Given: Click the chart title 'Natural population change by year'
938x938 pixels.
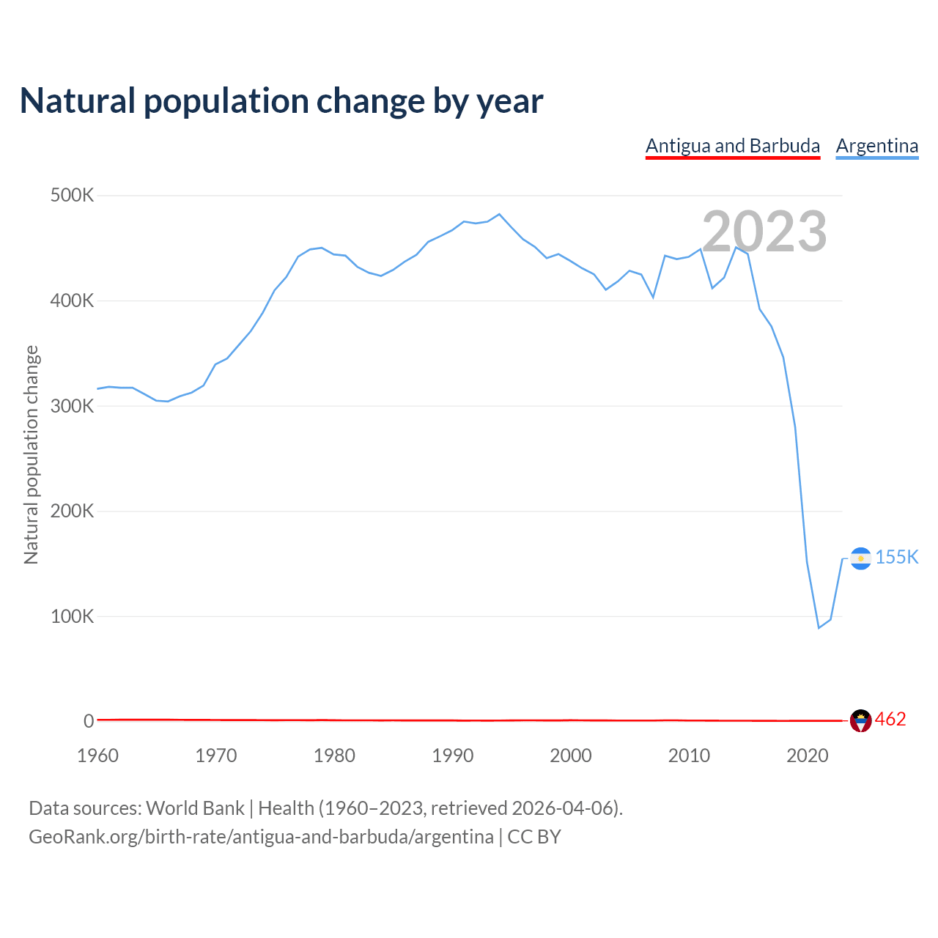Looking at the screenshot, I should [x=281, y=101].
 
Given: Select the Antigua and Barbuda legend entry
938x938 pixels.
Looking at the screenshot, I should [x=732, y=146].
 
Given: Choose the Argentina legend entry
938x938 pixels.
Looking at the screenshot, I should [x=876, y=146].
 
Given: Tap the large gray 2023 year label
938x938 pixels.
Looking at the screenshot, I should [x=764, y=232].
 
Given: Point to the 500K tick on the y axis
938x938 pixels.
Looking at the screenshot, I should [x=72, y=196].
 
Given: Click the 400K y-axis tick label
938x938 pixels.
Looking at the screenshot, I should [x=72, y=300].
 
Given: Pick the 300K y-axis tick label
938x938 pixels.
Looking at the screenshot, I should [x=72, y=406].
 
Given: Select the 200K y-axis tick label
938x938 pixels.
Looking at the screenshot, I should [x=72, y=511].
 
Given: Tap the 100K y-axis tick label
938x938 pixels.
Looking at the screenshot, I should [x=72, y=616].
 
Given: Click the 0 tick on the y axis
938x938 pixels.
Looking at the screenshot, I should [x=89, y=721].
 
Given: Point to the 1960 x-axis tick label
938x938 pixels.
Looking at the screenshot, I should [x=97, y=756].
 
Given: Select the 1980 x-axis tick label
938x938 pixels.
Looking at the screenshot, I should [x=334, y=756].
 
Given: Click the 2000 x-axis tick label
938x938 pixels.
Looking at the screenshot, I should [x=571, y=756].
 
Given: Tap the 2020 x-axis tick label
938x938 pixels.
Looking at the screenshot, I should [x=807, y=756].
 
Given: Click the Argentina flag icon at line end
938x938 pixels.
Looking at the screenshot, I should [x=860, y=558].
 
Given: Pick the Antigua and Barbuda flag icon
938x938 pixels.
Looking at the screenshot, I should [x=860, y=721].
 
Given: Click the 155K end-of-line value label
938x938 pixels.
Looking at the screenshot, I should [x=897, y=558].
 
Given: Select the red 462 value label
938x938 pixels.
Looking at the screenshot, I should [x=890, y=720].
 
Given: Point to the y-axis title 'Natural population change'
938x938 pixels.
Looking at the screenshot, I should [x=32, y=455].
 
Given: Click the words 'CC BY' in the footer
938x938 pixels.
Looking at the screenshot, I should [x=534, y=837].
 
